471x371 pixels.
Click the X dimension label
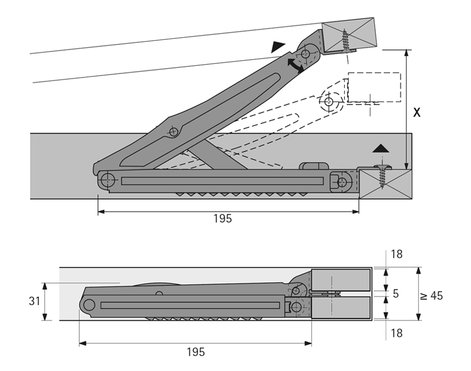coord(417,113)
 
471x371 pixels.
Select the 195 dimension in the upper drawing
coord(222,219)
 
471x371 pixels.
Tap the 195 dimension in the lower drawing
coord(195,352)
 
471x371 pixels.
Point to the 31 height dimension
coord(34,301)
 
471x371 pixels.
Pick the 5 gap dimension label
coord(396,294)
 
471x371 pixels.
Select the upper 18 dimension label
coord(397,254)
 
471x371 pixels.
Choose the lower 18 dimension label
coord(397,333)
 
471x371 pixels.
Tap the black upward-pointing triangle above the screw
coord(382,149)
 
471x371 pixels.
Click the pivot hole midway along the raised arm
coord(173,132)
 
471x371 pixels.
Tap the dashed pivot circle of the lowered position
coord(329,102)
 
